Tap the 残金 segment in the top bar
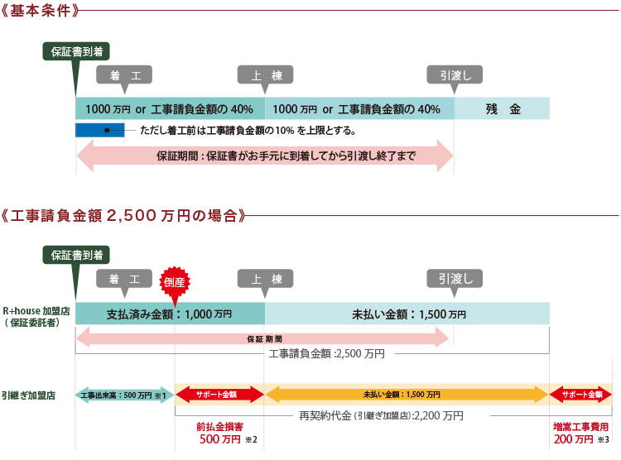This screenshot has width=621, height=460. coord(502,108)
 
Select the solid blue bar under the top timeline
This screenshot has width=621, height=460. coord(100,130)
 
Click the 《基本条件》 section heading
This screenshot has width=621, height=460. coord(40,11)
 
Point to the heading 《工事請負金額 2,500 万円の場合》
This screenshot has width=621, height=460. coord(123,216)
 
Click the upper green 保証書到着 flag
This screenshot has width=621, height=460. coord(76,55)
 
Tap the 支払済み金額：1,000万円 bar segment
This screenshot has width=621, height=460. coord(171,314)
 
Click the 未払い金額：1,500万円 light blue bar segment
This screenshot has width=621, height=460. coord(407,314)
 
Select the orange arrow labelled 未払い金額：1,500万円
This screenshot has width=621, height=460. coord(407,395)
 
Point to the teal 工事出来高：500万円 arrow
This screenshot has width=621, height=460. coord(124,395)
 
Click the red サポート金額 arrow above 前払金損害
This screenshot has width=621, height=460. coord(219,395)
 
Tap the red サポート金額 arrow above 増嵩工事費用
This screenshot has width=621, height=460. coord(580,395)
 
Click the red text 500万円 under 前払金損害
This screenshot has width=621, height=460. coord(219,439)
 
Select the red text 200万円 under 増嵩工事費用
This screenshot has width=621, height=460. coord(574,439)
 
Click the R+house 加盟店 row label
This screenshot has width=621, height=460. coord(36,317)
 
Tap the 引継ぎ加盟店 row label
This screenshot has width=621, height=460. coord(28,395)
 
